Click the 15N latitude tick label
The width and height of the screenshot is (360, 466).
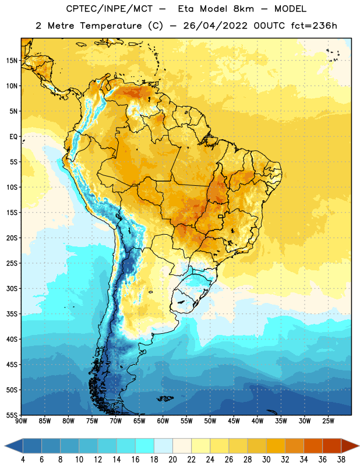coord(12,61)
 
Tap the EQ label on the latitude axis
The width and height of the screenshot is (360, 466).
coord(13,137)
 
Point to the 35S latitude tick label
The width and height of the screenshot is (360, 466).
coord(12,314)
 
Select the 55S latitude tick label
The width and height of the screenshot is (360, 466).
coord(12,415)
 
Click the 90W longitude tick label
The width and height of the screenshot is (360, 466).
coord(21,421)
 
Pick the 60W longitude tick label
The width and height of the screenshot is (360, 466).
coord(163,421)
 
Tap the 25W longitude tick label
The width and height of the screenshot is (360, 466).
coord(328,421)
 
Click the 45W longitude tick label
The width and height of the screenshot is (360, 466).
coord(234,421)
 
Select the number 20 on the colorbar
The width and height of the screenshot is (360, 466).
coord(172,460)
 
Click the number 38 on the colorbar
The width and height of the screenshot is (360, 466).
coord(341,460)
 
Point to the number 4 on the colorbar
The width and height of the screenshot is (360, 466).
coord(23,460)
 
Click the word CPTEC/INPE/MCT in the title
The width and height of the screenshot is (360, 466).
coord(110,9)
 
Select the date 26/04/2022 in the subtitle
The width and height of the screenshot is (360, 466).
coord(215,26)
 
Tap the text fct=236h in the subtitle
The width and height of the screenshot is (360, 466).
coord(314,26)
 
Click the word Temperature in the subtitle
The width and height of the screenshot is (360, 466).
coord(111,26)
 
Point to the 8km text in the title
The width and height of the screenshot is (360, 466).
coord(243,9)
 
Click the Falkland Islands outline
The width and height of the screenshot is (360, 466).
coord(165,398)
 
